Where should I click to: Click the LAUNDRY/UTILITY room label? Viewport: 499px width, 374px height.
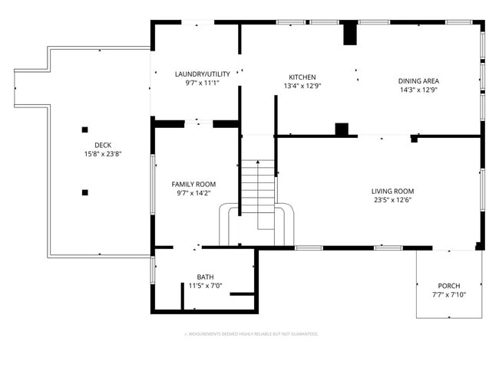tap(197, 74)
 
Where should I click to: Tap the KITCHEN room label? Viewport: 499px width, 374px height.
tap(302, 77)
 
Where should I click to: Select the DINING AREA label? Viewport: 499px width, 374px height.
tap(418, 80)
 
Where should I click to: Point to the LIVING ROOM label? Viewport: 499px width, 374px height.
tap(392, 191)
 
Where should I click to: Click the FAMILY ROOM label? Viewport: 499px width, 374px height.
tap(193, 184)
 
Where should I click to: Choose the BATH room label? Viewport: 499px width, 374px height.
tap(205, 277)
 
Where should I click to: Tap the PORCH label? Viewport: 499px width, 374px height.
tap(449, 285)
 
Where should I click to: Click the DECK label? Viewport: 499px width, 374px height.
tap(103, 145)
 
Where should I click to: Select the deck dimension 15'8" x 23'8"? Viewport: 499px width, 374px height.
tap(103, 154)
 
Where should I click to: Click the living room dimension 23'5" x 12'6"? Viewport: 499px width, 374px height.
tap(392, 200)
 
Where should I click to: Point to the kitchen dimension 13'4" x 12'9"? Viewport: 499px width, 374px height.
tap(302, 86)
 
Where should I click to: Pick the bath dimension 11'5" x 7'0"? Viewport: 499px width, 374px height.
tap(205, 286)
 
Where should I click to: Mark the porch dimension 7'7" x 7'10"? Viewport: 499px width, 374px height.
tap(449, 294)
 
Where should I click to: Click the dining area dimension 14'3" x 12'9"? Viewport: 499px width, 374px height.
tap(418, 90)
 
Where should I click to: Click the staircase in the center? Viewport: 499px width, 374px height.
tap(259, 192)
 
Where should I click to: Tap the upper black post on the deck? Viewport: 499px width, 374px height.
tap(85, 129)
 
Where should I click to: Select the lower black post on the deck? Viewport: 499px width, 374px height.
tap(85, 192)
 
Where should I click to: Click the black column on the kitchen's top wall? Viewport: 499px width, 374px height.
tap(349, 34)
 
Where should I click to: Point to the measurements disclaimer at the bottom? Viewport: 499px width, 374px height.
tap(252, 334)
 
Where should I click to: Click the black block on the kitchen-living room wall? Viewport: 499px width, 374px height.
tap(342, 129)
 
